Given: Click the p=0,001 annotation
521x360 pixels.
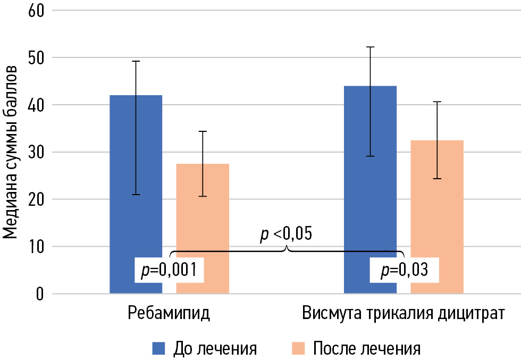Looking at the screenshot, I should [x=169, y=271].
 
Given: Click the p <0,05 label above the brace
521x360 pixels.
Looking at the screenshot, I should [x=285, y=234].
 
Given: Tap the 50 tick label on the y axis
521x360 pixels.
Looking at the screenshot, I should [x=36, y=58].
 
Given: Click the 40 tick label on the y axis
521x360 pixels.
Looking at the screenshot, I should [x=36, y=105].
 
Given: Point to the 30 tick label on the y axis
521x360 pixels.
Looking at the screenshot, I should [x=36, y=153].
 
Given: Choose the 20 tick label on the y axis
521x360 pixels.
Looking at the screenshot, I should [x=36, y=199].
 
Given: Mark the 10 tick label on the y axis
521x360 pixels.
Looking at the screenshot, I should [x=36, y=247].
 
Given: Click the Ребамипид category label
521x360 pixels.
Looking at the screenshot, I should [x=169, y=313].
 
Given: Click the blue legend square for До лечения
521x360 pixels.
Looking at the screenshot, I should [x=159, y=348].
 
